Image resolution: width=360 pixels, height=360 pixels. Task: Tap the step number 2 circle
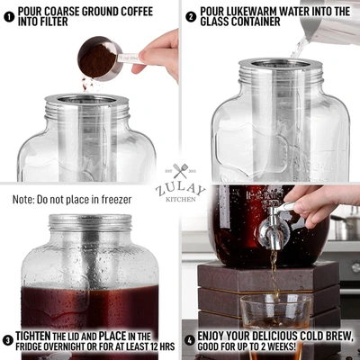[x=192, y=15]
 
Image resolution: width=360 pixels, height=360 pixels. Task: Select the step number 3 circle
[x=9, y=340]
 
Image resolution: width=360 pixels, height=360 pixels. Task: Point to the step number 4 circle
[x=190, y=340]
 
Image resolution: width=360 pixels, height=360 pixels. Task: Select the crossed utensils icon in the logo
[x=180, y=171]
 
